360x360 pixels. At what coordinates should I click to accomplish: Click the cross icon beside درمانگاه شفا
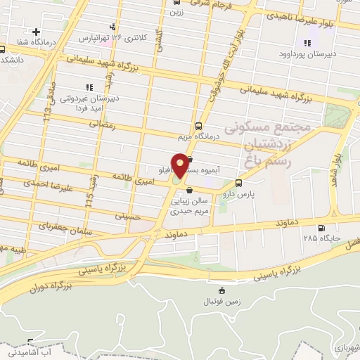point(35,32)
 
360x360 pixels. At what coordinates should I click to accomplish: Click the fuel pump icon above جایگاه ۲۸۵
point(321,228)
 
